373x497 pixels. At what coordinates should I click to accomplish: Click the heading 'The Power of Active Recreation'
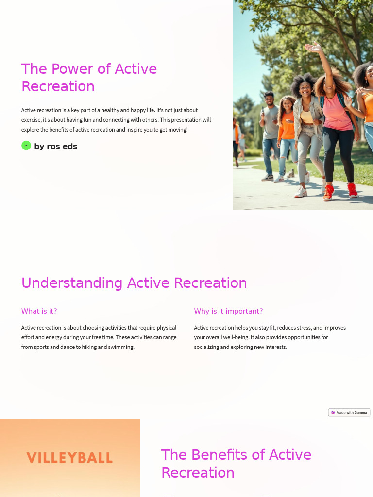point(89,78)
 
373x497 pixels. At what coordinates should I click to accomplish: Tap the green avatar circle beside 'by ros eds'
point(26,146)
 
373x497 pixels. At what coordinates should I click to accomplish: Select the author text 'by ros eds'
point(56,147)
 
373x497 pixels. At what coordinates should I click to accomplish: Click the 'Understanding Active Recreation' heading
point(134,283)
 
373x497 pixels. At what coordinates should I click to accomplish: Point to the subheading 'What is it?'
point(39,311)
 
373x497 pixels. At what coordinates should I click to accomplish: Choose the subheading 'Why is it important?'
point(228,311)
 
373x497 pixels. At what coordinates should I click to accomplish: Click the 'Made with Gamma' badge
point(349,413)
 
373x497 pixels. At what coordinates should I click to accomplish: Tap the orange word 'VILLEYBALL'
point(69,458)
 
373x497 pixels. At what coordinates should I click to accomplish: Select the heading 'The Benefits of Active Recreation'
point(236,464)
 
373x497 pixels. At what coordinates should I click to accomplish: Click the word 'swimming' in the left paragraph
point(122,347)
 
